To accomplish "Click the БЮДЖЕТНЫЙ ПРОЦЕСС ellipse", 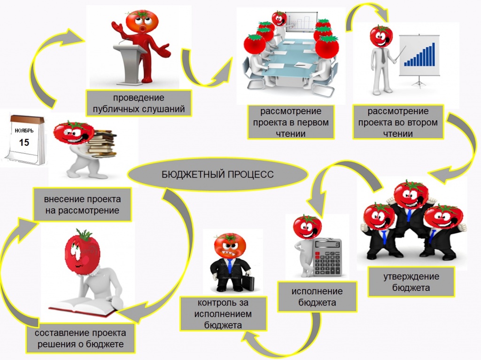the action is pos(217,174).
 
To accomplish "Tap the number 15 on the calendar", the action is pos(24,142).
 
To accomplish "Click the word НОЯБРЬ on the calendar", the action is pos(24,131).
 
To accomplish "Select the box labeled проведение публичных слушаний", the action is pos(139,103).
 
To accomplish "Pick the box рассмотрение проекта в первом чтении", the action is pos(290,122).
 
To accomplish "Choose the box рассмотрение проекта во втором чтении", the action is pos(398,122).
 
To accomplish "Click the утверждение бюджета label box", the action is pos(411,282).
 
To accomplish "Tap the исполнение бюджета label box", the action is pos(317,297).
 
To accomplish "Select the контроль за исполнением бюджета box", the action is pos(223,313).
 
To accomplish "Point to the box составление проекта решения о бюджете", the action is pos(80,338).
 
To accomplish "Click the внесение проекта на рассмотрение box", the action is pos(82,205).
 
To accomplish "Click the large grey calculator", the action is pos(327,257).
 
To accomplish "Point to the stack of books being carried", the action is pos(102,144).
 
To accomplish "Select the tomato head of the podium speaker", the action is pos(142,22).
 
